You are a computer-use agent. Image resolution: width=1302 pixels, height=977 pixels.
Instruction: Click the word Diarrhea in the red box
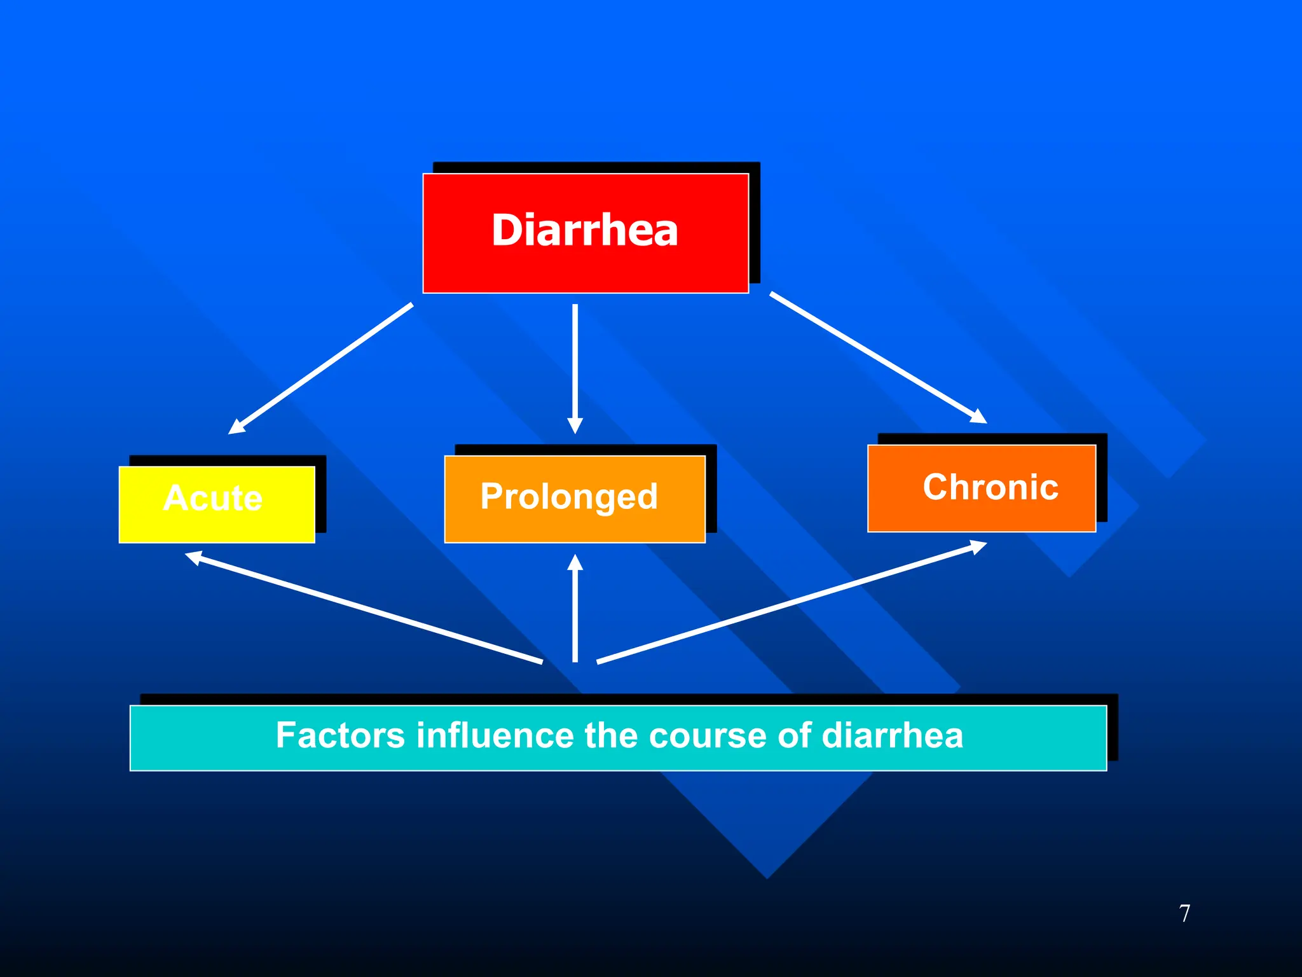pyautogui.click(x=584, y=230)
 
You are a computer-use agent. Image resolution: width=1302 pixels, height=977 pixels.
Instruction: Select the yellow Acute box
pyautogui.click(x=216, y=504)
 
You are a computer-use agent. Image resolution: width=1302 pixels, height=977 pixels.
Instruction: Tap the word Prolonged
pyautogui.click(x=569, y=497)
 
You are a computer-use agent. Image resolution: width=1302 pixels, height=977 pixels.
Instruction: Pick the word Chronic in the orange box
pyautogui.click(x=990, y=487)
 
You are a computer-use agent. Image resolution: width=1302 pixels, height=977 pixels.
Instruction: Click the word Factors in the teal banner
pyautogui.click(x=340, y=735)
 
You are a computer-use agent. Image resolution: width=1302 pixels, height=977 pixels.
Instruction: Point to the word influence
pyautogui.click(x=495, y=735)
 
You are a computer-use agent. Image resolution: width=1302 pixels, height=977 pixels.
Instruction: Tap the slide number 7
pyautogui.click(x=1184, y=913)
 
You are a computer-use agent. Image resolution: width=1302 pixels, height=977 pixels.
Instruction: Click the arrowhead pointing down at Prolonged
pyautogui.click(x=575, y=426)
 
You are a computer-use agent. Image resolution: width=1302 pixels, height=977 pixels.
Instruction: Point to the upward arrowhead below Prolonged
pyautogui.click(x=575, y=563)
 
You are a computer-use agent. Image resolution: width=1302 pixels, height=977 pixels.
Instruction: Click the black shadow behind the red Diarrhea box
pyautogui.click(x=755, y=223)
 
